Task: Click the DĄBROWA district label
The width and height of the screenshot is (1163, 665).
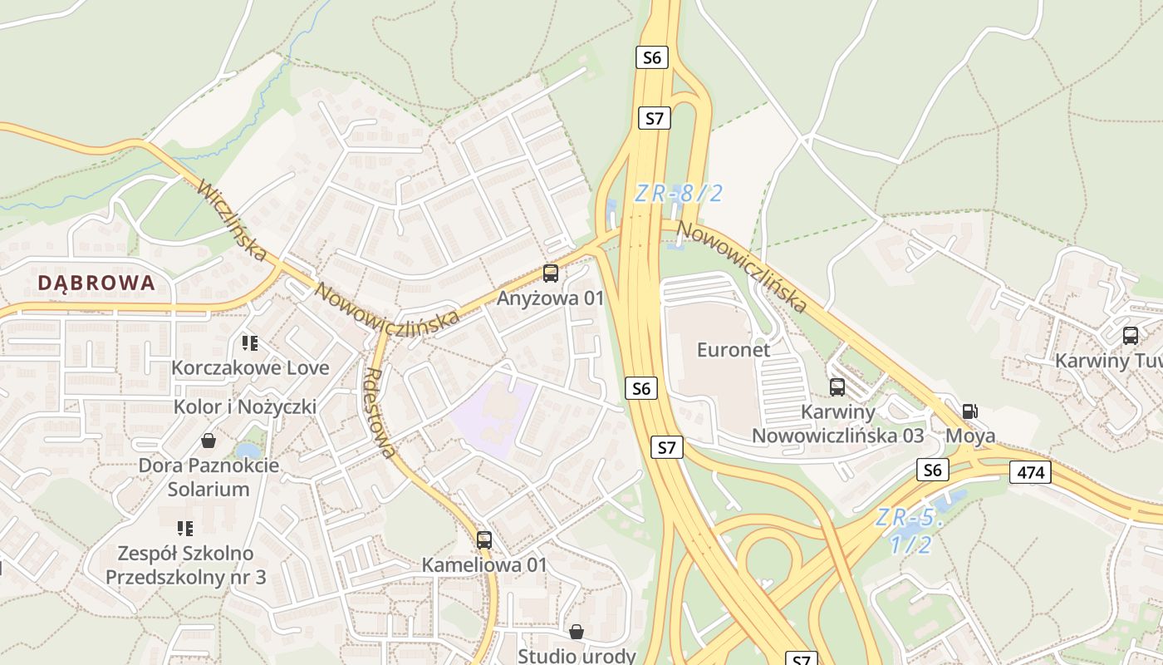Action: coord(96,283)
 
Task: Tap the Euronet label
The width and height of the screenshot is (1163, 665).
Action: coord(734,350)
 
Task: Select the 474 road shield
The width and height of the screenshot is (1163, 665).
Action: coord(1030,473)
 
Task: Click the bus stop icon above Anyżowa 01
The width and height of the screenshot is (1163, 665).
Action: coord(550,273)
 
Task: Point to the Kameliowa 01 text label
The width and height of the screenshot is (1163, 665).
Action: coord(484,564)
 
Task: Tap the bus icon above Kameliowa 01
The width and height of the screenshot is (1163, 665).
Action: coord(484,540)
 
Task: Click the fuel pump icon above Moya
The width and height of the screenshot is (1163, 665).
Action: coord(969,411)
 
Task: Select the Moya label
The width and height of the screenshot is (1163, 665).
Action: coord(970,436)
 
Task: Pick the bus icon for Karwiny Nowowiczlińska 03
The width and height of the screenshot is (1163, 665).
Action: coord(837,387)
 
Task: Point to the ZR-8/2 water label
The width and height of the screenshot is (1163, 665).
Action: coord(679,194)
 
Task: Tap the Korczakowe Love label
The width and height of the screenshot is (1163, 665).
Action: coord(250,367)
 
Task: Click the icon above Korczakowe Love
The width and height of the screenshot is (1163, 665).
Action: coord(250,342)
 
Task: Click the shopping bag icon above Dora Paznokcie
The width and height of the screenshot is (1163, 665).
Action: coord(209,441)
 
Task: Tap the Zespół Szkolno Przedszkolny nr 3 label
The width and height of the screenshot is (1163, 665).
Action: coord(185,564)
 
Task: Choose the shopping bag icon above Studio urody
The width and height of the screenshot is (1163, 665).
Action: coord(577,632)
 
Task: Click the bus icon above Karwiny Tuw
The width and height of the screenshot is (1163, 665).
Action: coord(1130,336)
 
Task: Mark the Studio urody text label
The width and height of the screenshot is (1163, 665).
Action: coord(577,656)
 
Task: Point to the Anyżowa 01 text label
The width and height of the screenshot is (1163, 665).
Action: coord(550,298)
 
